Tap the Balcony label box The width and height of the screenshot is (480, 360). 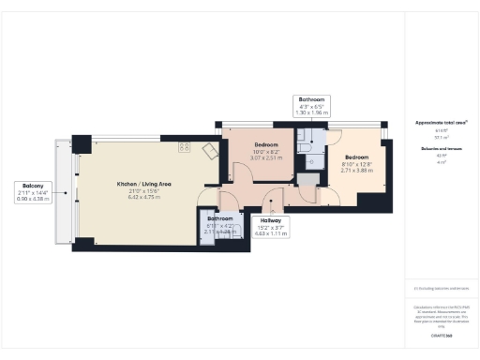click(x=34, y=191)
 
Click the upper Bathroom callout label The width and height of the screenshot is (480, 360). click(x=311, y=98)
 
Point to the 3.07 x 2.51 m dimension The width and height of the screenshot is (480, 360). click(x=266, y=157)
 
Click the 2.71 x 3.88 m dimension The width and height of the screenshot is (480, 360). click(x=357, y=171)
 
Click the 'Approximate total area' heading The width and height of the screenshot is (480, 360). click(x=441, y=123)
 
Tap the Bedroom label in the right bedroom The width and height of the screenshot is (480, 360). click(x=357, y=157)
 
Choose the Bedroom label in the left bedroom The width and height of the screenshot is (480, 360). click(x=266, y=144)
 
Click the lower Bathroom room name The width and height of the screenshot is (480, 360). click(x=219, y=218)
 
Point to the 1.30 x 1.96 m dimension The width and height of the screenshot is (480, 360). click(x=311, y=112)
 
